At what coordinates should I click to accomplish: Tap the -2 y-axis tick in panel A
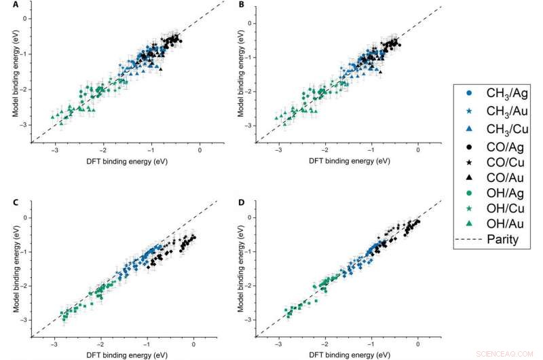[x=23, y=90]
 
